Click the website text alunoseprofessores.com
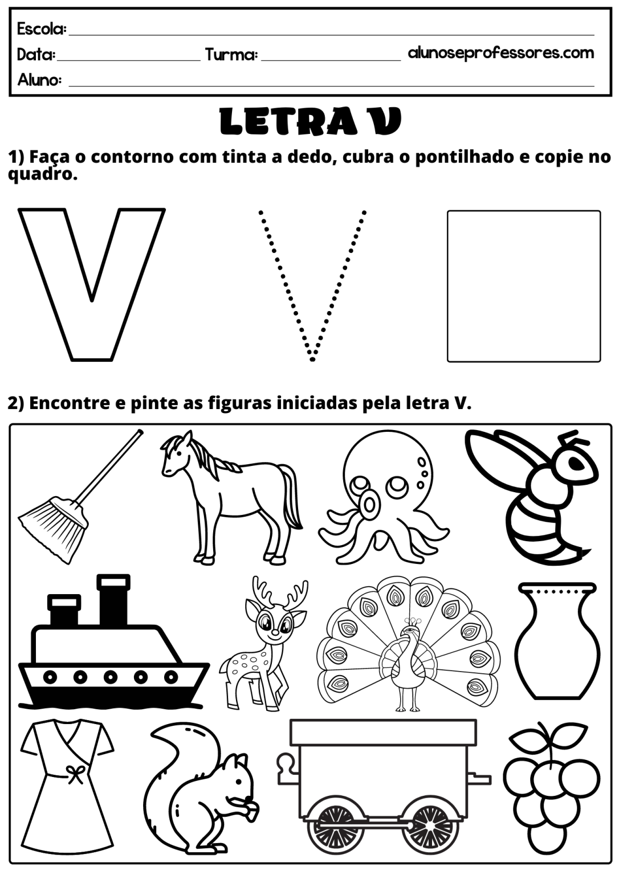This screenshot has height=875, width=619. click(500, 53)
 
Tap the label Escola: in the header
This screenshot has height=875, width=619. click(42, 28)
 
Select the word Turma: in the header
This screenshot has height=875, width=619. click(231, 55)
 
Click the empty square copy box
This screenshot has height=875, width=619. click(523, 286)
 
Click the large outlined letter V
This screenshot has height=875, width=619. click(92, 285)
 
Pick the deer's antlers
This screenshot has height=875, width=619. click(279, 595)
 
